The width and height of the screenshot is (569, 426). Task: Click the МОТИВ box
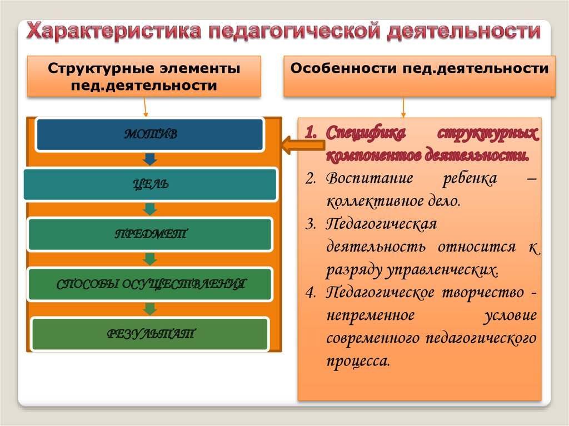[149, 134]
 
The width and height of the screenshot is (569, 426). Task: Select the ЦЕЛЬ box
[150, 184]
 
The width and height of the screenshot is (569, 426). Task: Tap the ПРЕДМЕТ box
[150, 234]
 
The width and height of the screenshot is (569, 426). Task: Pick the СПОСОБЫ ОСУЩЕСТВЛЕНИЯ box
[150, 284]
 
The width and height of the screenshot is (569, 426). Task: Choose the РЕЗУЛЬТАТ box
[150, 334]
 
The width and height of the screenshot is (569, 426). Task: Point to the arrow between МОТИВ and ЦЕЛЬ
[149, 159]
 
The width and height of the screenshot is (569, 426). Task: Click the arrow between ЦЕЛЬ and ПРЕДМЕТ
[149, 209]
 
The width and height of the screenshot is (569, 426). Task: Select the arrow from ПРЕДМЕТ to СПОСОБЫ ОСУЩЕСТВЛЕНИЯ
[149, 259]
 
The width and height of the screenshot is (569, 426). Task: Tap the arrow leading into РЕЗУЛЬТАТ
[149, 309]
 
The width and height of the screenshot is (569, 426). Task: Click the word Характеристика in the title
[114, 31]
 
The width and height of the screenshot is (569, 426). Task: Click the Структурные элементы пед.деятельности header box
[144, 77]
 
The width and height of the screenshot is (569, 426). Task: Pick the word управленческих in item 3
[442, 270]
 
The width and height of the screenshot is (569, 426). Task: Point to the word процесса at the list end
[358, 360]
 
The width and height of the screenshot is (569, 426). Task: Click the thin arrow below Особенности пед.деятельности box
[404, 107]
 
